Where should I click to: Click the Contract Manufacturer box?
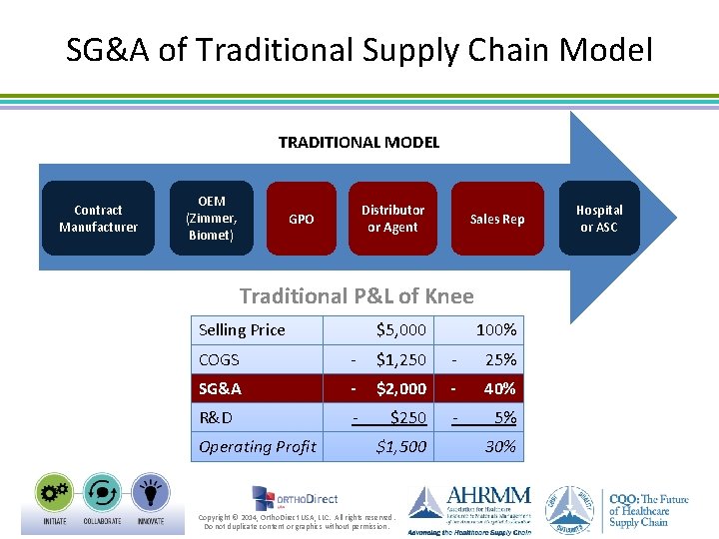pos(98,219)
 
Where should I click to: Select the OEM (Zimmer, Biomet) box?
pos(211,219)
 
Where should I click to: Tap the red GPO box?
pos(301,219)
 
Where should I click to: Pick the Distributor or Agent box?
pos(392,219)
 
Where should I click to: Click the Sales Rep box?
pos(496,219)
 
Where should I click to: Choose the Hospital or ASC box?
pos(599,219)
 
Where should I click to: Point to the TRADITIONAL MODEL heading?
pos(359,143)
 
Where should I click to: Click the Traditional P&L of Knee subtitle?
pos(357,295)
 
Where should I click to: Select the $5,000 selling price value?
pos(400,330)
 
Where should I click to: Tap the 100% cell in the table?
pos(495,330)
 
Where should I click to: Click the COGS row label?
pos(219,359)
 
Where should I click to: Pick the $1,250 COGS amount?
pos(400,359)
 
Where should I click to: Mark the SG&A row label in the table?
pos(220,388)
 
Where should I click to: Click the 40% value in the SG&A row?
pos(499,388)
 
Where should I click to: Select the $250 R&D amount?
pos(407,417)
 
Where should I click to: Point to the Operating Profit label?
pos(257,447)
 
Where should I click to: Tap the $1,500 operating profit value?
pos(400,447)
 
